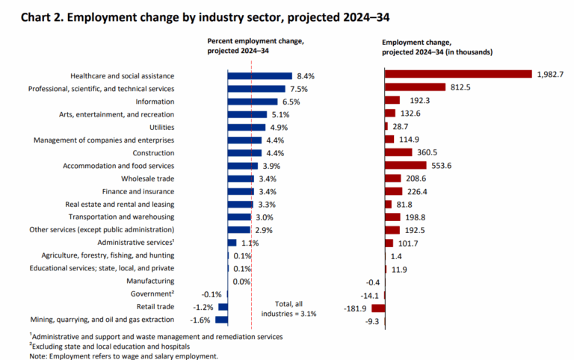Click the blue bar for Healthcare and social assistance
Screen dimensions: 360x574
[x=260, y=75]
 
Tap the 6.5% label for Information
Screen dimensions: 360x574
[x=288, y=101]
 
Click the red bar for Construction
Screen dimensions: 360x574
[x=398, y=152]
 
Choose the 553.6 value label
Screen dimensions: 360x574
[x=442, y=165]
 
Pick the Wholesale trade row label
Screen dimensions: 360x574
[x=147, y=179]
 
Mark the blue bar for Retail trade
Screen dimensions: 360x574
[x=223, y=306]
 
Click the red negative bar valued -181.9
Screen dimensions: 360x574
[x=378, y=306]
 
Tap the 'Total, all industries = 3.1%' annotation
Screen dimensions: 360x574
[x=288, y=308]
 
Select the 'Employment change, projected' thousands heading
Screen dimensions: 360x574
[x=436, y=46]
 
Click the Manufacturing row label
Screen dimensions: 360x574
[x=152, y=281]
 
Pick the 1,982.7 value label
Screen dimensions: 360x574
[x=549, y=75]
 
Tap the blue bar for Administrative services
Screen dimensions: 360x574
[x=232, y=242]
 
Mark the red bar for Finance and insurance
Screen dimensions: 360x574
[x=393, y=191]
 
